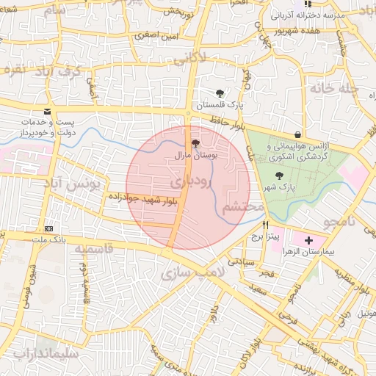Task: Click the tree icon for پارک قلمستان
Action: point(220,93)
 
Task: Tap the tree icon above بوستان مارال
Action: point(195,144)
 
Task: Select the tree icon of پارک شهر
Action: point(278,176)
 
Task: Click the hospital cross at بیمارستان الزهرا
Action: point(308,240)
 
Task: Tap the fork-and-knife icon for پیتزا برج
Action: point(266,225)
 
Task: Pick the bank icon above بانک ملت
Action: point(48,228)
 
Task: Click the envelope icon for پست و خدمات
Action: point(48,112)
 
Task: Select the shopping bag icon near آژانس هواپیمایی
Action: point(297,134)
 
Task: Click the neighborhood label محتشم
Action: point(242,208)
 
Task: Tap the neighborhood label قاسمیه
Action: point(93,249)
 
